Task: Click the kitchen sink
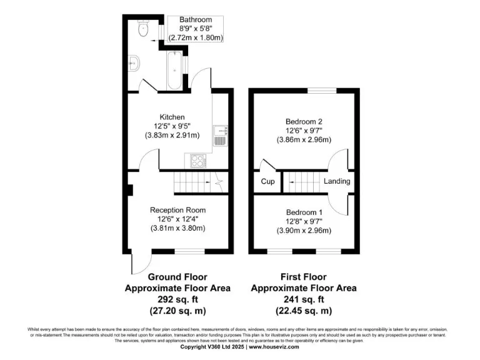(220, 135)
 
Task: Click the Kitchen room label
(172, 117)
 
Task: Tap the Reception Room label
(177, 210)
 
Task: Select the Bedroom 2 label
(304, 121)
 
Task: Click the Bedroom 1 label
(304, 212)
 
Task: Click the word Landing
(337, 182)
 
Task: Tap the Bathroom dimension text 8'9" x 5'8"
(192, 29)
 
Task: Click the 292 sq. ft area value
(177, 299)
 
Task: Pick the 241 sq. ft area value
(304, 299)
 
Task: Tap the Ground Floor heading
(177, 277)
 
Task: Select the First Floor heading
(304, 277)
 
